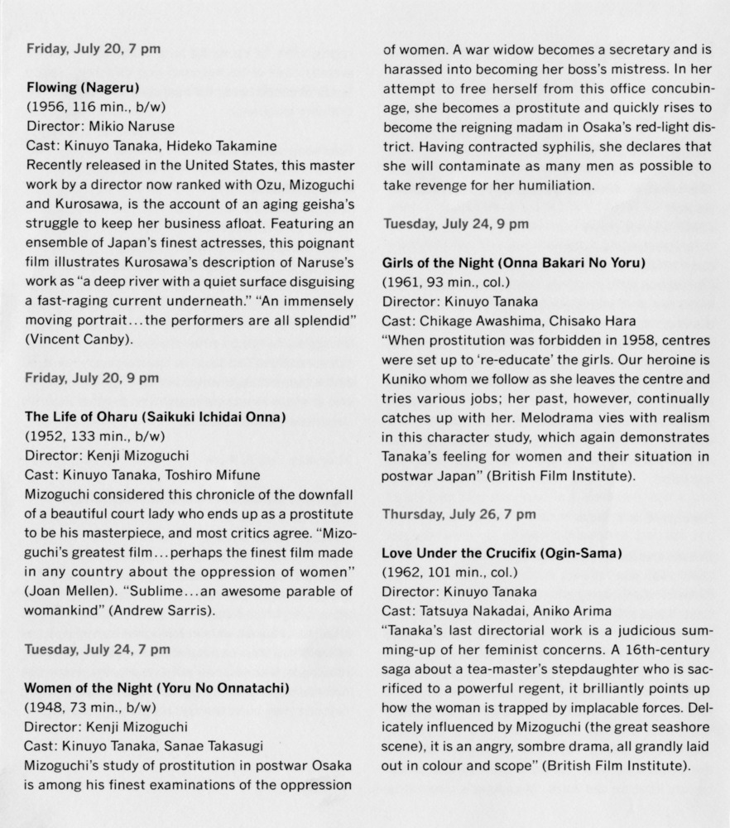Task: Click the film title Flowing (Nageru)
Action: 83,85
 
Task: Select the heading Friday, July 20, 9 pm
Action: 93,378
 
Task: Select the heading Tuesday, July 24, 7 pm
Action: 98,649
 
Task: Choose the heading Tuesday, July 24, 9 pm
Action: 455,224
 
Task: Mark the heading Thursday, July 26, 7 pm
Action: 459,513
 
